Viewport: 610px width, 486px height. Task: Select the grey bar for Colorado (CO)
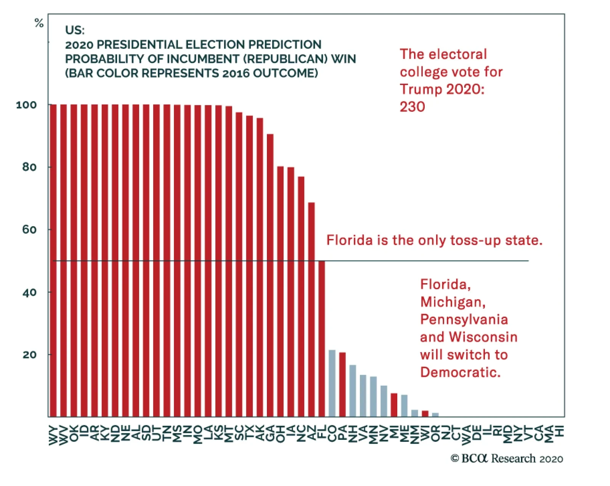332,383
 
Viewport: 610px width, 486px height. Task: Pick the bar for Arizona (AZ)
311,309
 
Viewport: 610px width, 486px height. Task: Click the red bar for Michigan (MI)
394,405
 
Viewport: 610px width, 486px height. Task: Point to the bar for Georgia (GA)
270,275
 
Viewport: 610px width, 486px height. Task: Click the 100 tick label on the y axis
26,105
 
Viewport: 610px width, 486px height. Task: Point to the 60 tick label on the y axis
29,230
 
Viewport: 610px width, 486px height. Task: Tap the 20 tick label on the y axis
29,355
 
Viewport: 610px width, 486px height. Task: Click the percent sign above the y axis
39,23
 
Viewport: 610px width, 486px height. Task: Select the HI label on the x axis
560,431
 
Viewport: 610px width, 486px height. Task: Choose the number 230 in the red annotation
412,107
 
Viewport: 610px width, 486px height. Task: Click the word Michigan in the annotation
453,302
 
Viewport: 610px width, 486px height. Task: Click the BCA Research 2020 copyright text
507,459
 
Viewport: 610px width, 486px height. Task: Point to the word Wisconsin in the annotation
483,337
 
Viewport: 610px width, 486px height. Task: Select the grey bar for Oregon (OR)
435,415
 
